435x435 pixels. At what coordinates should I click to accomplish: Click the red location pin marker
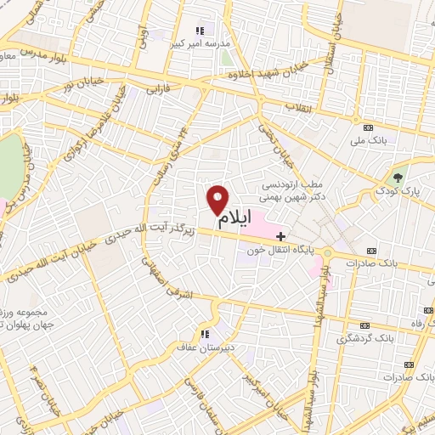pyautogui.click(x=217, y=200)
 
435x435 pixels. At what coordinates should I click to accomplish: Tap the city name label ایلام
pyautogui.click(x=235, y=218)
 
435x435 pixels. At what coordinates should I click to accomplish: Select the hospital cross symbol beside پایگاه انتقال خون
pyautogui.click(x=281, y=235)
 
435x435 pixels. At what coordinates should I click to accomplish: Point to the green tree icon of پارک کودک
pyautogui.click(x=398, y=178)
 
